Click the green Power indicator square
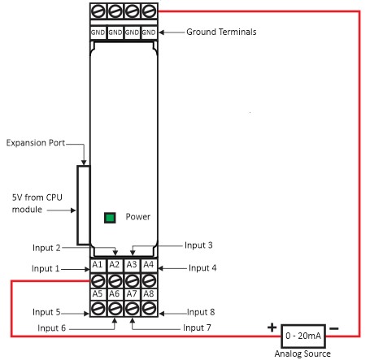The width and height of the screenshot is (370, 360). coord(110,218)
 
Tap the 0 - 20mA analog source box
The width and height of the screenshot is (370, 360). coord(303,336)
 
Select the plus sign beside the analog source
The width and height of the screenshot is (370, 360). coord(272,327)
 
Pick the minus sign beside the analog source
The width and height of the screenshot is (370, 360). coord(334,329)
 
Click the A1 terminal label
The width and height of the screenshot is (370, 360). coord(98,265)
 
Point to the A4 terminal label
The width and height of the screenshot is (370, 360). coord(149,265)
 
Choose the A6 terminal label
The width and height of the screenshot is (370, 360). coord(115,294)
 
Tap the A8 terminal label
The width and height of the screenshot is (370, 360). coord(149,294)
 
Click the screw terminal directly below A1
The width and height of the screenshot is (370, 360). coord(98,280)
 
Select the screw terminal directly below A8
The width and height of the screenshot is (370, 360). coord(149,308)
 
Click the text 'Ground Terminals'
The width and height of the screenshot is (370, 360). coord(221,32)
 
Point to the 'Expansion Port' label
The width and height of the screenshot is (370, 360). coord(36,143)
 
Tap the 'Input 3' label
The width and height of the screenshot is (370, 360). coord(198,245)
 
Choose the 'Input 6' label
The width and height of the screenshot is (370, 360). coord(51,328)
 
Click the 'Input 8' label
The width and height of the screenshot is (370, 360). coord(201,312)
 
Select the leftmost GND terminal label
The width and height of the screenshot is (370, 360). coord(98,33)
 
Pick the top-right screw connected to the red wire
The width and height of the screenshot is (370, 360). coord(149,11)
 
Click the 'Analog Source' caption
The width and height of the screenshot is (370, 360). coord(303,353)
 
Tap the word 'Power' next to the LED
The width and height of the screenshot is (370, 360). coord(137,217)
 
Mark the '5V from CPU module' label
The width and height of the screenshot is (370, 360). coord(37,203)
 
